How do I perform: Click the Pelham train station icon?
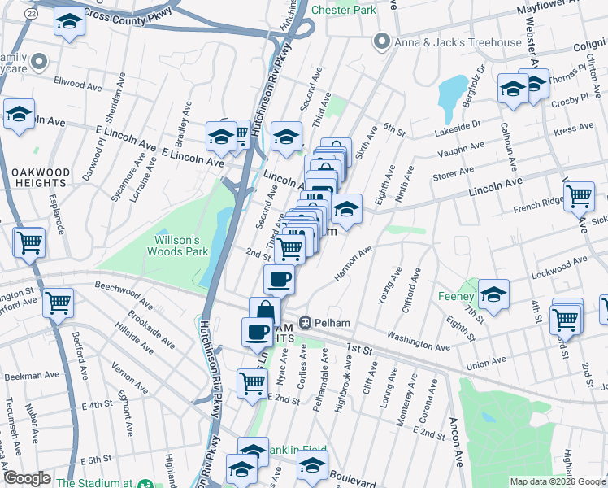[306, 323]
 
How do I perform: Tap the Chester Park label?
[344, 11]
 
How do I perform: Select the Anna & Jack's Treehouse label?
[458, 42]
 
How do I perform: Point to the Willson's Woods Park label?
[183, 246]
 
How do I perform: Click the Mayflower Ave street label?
[553, 11]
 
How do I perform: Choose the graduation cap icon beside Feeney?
[493, 294]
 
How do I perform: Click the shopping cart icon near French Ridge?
[579, 195]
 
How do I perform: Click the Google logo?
[28, 479]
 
